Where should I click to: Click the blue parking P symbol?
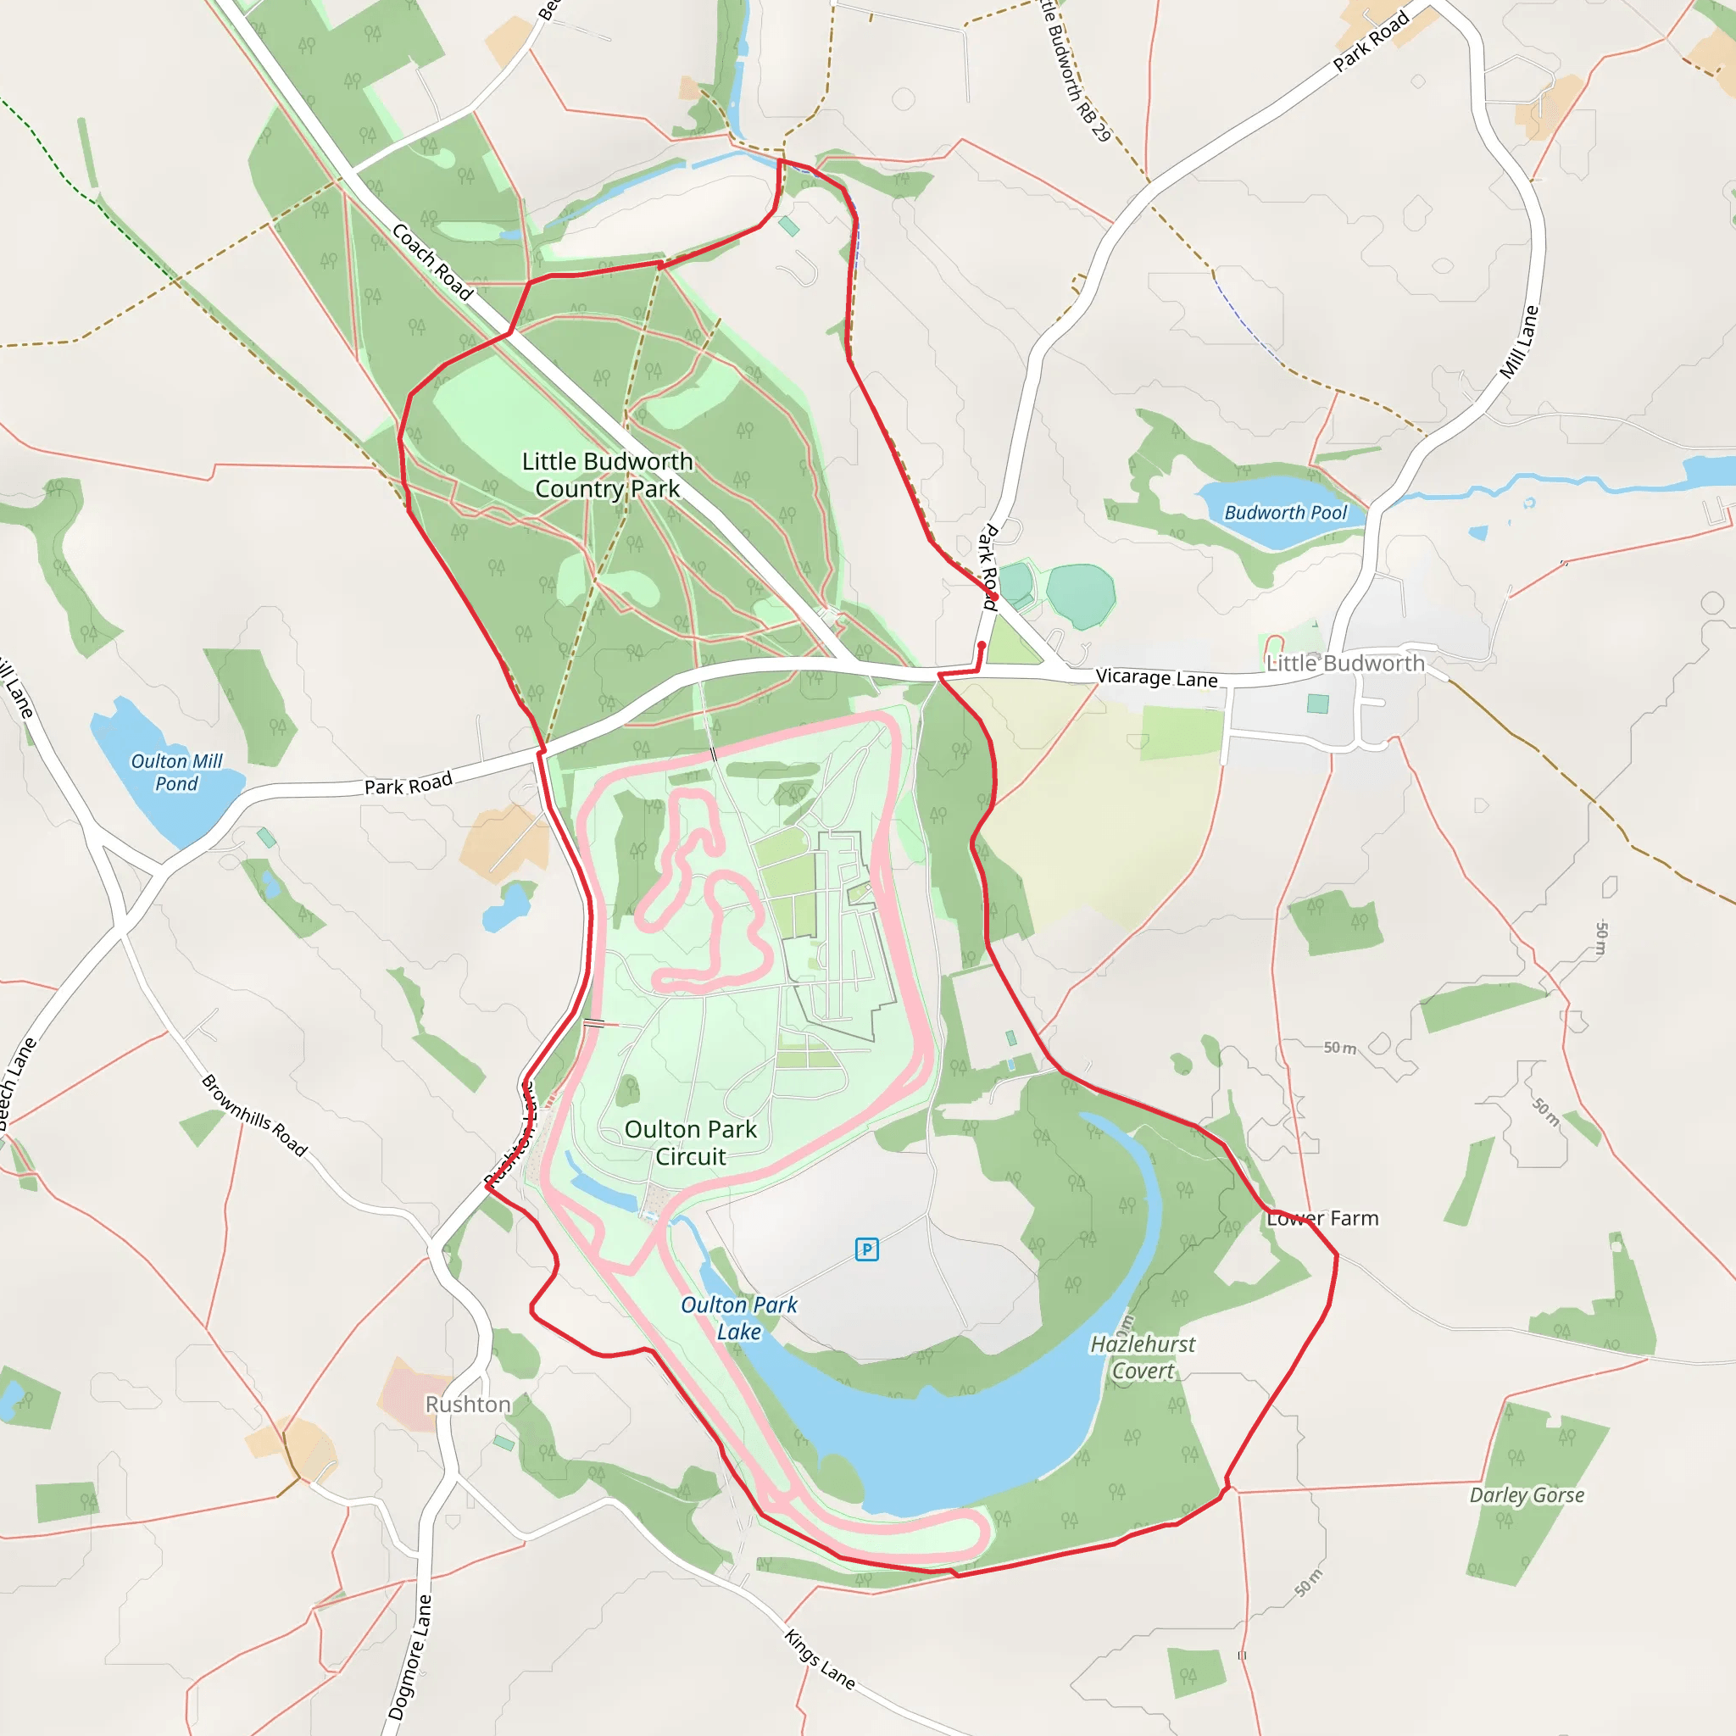click(x=866, y=1249)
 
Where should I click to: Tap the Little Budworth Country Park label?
click(x=608, y=475)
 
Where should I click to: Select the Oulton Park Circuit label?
click(x=690, y=1143)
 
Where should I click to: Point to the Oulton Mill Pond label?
click(x=176, y=773)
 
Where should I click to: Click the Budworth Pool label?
click(x=1285, y=512)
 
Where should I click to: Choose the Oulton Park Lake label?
click(x=738, y=1318)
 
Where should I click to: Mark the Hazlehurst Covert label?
click(x=1142, y=1357)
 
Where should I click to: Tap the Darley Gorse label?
click(x=1527, y=1495)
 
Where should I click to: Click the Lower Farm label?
click(x=1321, y=1218)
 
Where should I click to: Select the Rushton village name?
click(x=467, y=1405)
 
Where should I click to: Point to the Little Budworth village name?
click(x=1345, y=663)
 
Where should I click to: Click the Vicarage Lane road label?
click(x=1156, y=677)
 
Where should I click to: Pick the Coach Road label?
click(x=432, y=261)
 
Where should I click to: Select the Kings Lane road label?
click(x=820, y=1659)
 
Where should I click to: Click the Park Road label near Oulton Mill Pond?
click(x=408, y=784)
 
